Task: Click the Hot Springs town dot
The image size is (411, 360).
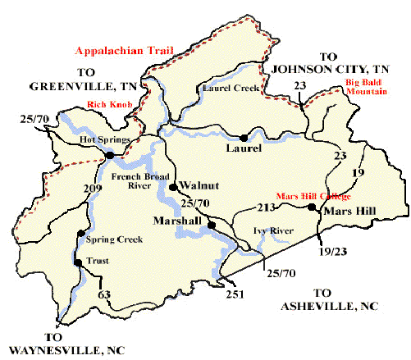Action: click(109, 154)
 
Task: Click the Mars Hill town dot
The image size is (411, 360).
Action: click(312, 208)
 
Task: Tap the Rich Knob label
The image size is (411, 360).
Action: click(104, 104)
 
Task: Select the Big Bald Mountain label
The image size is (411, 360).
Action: click(374, 89)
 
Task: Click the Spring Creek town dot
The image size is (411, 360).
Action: click(80, 234)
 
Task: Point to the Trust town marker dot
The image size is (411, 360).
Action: click(76, 263)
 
